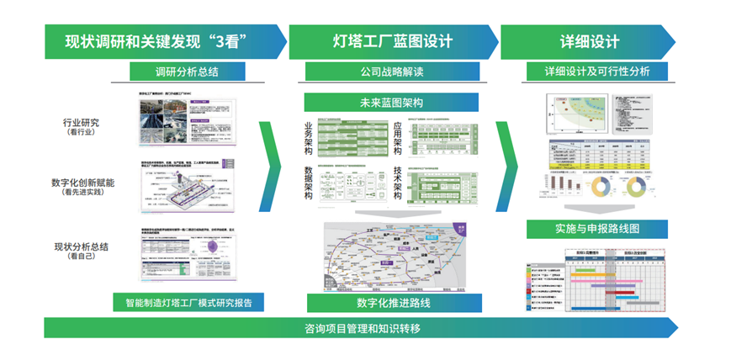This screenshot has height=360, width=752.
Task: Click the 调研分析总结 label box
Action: tap(188, 71)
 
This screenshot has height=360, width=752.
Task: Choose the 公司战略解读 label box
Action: tap(392, 71)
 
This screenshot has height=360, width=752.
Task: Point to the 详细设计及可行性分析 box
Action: tap(597, 71)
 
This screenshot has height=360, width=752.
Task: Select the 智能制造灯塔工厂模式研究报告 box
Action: tap(188, 302)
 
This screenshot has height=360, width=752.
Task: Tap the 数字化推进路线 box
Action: tap(392, 302)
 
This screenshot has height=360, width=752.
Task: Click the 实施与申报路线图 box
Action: tap(597, 229)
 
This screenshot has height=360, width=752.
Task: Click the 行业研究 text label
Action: tap(82, 123)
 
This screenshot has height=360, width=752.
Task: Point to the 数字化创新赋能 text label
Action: tap(82, 183)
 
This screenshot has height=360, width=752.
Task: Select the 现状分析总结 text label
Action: tap(82, 246)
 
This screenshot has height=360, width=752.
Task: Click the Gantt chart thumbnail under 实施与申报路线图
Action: tap(597, 281)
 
